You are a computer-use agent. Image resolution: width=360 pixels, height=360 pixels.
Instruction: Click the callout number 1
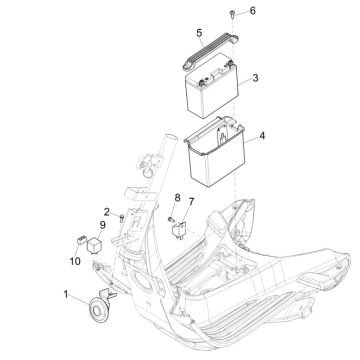[x=66, y=294]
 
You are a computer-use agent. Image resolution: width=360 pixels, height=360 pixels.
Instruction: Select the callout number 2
[x=107, y=212]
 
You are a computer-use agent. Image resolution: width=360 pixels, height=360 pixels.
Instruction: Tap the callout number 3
[x=255, y=78]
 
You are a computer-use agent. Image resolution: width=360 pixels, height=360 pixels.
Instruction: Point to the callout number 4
[x=262, y=136]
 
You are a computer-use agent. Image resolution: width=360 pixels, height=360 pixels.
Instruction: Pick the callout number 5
[x=199, y=33]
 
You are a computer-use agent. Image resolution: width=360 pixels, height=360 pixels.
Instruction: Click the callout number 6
[x=253, y=11]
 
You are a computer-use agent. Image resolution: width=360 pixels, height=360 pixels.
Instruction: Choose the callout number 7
[x=191, y=202]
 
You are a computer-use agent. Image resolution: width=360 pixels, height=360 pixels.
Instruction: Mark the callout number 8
[x=177, y=198]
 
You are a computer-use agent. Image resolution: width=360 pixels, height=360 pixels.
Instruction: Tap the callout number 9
[x=102, y=225]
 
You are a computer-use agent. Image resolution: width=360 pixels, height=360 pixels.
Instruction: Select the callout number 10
[x=75, y=262]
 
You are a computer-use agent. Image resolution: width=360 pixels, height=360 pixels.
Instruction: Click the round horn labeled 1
[x=97, y=310]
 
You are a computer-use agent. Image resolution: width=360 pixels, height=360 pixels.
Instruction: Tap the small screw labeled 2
[x=122, y=219]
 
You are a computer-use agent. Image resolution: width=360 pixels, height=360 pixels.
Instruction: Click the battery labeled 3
[x=212, y=86]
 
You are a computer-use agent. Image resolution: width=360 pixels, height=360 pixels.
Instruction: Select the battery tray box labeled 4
[x=216, y=152]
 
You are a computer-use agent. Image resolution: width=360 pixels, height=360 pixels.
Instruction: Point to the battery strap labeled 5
[x=210, y=51]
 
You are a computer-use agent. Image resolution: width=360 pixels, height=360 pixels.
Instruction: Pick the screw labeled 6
[x=232, y=14]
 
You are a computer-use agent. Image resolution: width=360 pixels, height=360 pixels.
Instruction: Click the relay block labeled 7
[x=179, y=230]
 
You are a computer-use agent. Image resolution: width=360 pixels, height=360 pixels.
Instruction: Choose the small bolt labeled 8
[x=172, y=219]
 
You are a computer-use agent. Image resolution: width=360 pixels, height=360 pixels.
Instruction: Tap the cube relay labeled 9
[x=93, y=245]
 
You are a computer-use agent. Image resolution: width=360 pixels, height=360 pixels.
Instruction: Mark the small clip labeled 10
[x=81, y=239]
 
